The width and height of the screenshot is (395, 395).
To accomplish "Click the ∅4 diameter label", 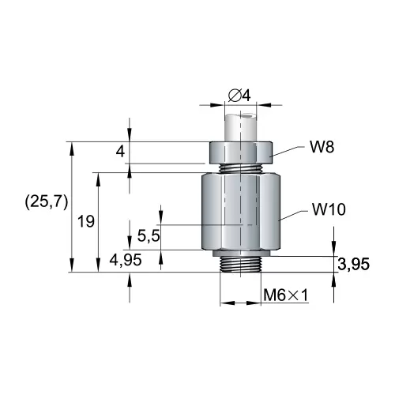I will [x=239, y=96].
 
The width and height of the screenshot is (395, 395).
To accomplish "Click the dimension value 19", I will [x=86, y=222].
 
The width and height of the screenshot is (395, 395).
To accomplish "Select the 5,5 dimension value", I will [x=149, y=235].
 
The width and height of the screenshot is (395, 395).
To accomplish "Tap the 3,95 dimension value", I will [x=353, y=264].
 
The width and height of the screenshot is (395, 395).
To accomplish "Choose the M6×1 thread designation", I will [x=285, y=295].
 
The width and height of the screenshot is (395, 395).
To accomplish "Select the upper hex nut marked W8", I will [x=241, y=151].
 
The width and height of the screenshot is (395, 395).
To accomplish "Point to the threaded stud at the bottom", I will [x=241, y=263].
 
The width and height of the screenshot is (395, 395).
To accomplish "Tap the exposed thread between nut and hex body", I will [x=241, y=167].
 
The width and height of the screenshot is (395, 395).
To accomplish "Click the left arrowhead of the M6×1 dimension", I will [x=224, y=302].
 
